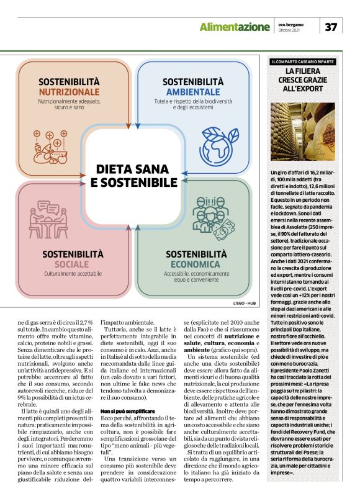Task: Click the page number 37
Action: (x=331, y=27)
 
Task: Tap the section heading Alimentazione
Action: (x=235, y=27)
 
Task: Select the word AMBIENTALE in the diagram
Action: (x=193, y=91)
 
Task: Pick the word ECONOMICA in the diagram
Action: (x=193, y=263)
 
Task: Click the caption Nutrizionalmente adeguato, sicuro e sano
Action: (x=69, y=103)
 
